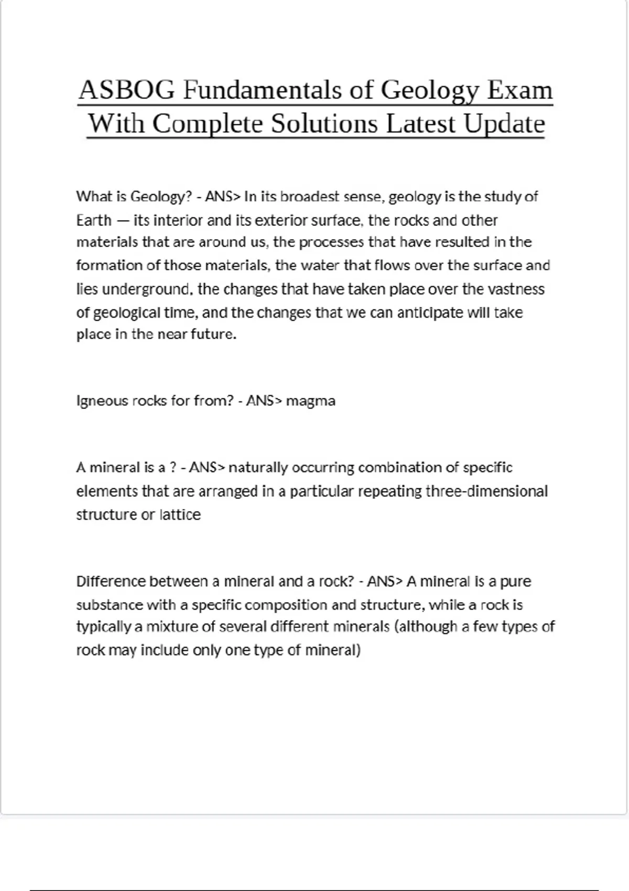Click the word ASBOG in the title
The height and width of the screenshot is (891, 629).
126,90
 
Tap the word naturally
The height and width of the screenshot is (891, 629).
258,468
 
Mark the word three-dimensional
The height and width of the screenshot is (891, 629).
486,491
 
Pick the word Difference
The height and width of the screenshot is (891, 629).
111,581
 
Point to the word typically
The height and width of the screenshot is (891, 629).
103,627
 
